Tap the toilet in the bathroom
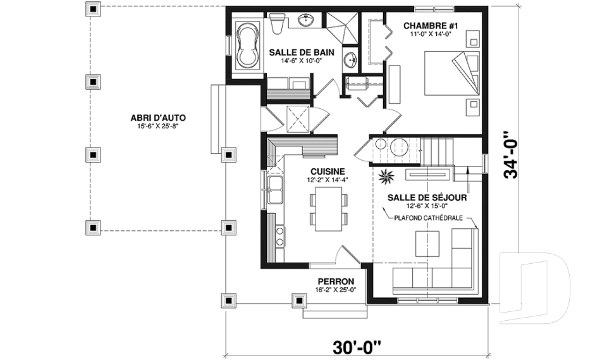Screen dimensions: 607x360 [x=277, y=23]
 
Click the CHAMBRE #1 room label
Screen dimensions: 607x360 [x=431, y=26]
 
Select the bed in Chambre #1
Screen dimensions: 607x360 [x=451, y=73]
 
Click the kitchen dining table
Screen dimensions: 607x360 [x=329, y=209]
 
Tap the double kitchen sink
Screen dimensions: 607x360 [x=274, y=190]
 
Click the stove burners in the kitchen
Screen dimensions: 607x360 [x=279, y=237]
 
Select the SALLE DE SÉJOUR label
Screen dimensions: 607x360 [x=427, y=198]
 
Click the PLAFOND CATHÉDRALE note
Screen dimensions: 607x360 [x=428, y=218]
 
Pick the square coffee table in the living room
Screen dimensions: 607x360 [x=427, y=244]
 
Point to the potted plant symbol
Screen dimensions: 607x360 [x=386, y=177]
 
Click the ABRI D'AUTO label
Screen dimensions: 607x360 [x=158, y=118]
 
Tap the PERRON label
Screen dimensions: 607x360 [x=336, y=282]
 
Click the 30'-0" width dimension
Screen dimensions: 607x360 [x=357, y=347]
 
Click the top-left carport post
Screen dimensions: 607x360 [x=93, y=9]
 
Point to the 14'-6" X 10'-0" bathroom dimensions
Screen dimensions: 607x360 [x=302, y=61]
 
